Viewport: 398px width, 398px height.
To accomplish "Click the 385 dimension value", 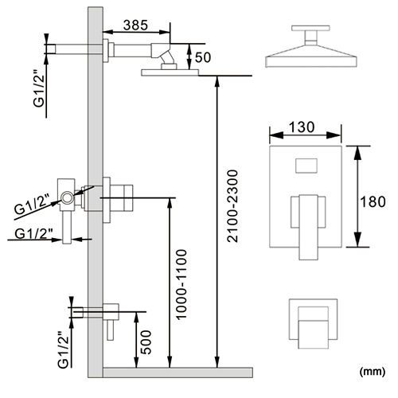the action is pos(135,25).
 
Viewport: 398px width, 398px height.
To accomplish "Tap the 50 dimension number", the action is pos(203,57).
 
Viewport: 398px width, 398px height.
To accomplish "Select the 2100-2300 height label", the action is pos(233,206).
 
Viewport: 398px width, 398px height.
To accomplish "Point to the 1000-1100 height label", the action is pos(181,284).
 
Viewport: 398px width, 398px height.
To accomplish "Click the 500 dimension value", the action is pos(146,342).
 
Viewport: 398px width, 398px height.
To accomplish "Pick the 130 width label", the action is pos(302,127).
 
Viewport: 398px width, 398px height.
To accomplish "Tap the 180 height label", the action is pos(373,201).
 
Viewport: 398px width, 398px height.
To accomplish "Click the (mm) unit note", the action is pos(372,371).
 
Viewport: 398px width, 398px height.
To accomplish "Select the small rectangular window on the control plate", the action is pos(306,166).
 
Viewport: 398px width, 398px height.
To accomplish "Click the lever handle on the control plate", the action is pos(308,227).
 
